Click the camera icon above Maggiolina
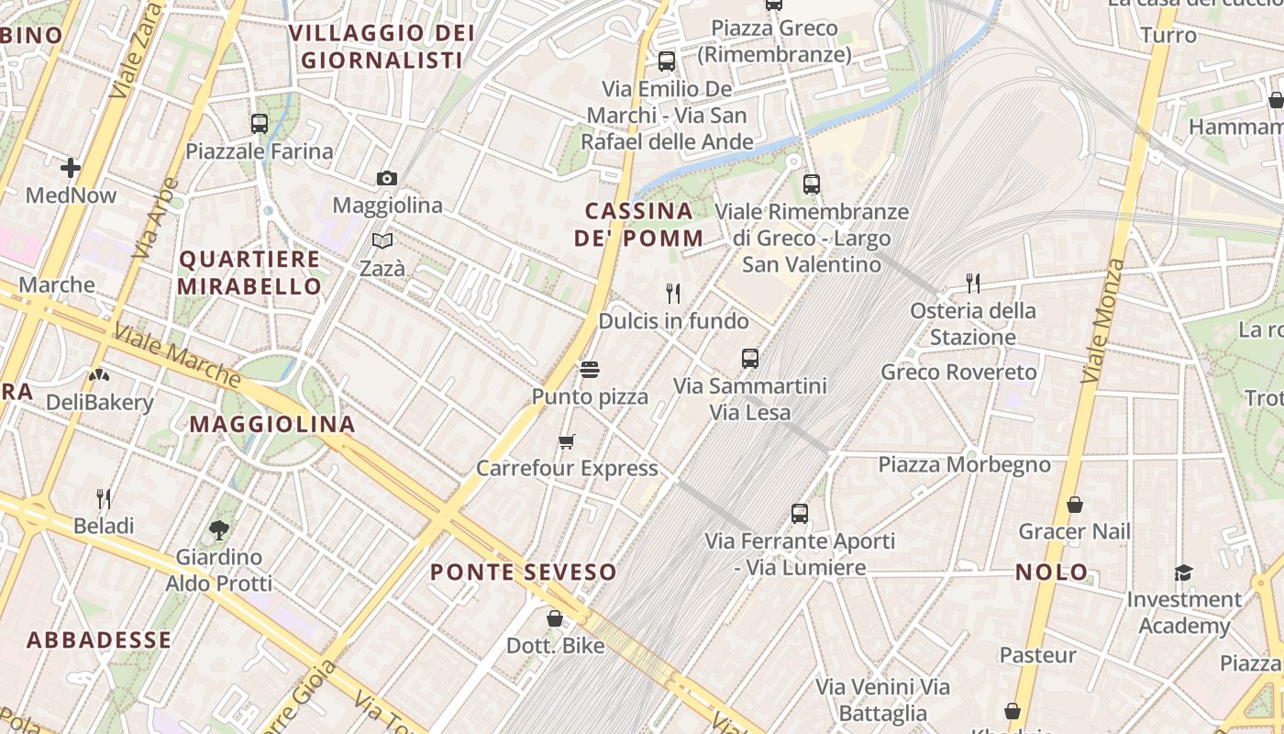(x=387, y=178)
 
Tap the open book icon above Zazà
(x=382, y=240)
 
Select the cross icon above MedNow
(x=71, y=168)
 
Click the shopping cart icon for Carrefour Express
(x=567, y=442)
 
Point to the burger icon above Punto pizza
(x=590, y=370)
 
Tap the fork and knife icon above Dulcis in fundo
(x=673, y=294)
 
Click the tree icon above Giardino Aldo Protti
(x=218, y=529)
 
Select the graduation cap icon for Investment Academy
(x=1184, y=573)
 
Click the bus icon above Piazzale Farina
(x=260, y=123)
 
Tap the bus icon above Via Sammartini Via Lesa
(x=750, y=359)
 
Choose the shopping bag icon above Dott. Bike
(x=554, y=618)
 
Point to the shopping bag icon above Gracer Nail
(x=1075, y=505)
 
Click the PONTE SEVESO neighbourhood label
(x=524, y=573)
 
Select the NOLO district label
(x=1052, y=573)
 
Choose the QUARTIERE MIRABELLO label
(x=249, y=272)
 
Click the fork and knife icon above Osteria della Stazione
(x=973, y=284)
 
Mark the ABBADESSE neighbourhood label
(x=99, y=640)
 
